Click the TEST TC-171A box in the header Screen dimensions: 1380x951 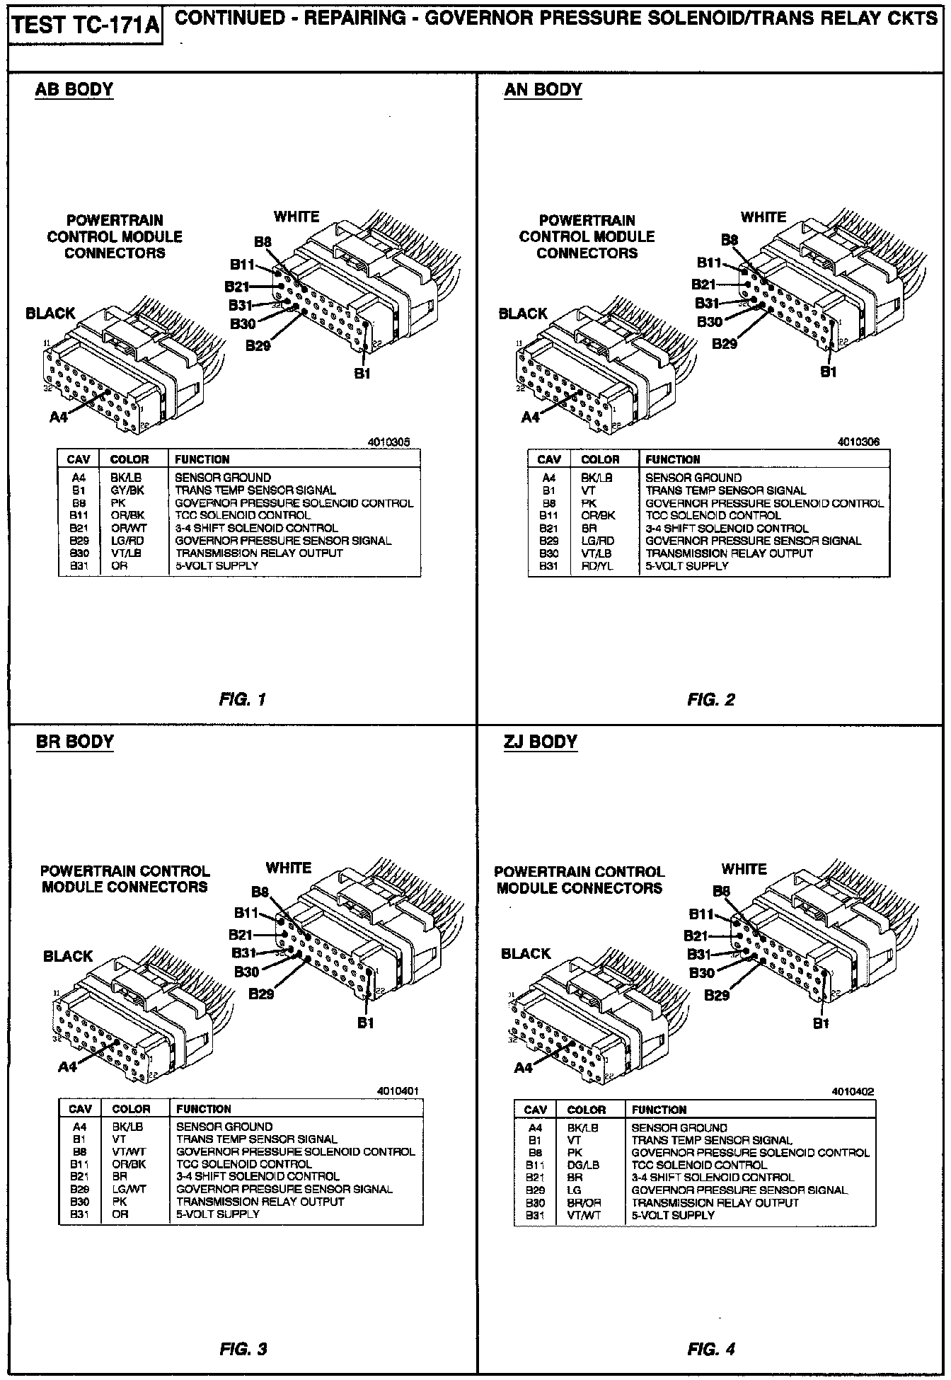[x=85, y=27]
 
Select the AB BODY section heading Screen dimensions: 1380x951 [x=74, y=90]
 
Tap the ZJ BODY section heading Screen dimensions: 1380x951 [x=541, y=742]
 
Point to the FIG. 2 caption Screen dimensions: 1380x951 [x=710, y=700]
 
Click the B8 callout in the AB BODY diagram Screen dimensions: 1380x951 [x=263, y=242]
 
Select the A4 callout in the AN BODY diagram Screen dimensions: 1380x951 [x=530, y=418]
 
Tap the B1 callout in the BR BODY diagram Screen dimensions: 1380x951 [x=365, y=1023]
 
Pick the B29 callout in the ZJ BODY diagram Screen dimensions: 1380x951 [x=717, y=996]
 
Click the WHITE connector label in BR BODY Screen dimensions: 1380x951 [x=288, y=868]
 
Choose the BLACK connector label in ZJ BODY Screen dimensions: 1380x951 [x=525, y=954]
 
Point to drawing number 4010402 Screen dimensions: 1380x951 [x=853, y=1092]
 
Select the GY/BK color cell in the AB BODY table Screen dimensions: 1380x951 [x=127, y=490]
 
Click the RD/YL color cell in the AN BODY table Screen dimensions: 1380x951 [x=597, y=566]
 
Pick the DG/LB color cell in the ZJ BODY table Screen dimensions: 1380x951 [x=583, y=1165]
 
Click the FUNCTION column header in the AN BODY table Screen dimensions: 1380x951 [x=672, y=459]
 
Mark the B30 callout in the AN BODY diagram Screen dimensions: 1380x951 [x=710, y=322]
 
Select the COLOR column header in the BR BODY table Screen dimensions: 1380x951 [x=131, y=1109]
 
